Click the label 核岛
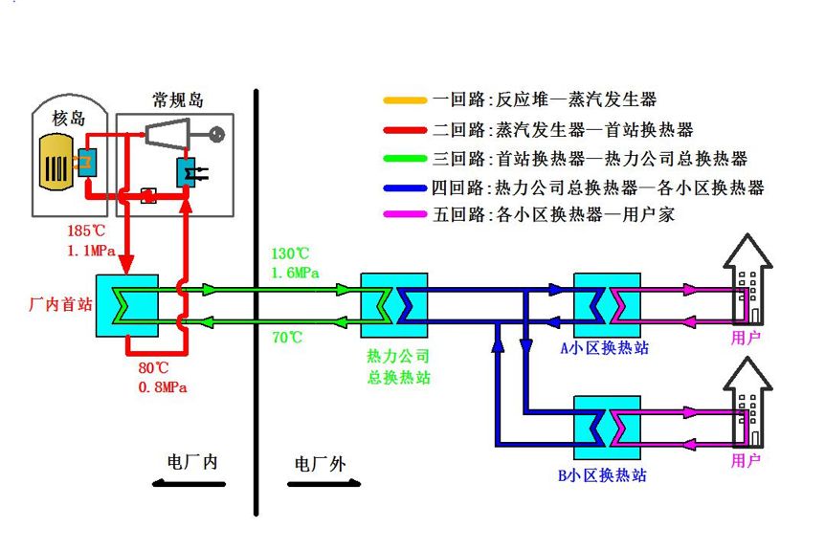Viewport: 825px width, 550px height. pos(69,119)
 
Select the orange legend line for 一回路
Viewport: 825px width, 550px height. pos(404,99)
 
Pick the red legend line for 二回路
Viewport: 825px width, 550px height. pos(404,129)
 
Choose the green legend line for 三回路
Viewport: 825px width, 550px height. pos(404,158)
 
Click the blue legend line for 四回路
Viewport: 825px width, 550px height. pos(404,187)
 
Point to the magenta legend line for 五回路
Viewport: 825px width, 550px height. pos(404,215)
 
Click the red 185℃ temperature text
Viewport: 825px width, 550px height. pos(86,231)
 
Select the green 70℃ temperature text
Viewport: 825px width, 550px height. pos(286,337)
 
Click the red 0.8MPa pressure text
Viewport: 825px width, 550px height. pos(161,387)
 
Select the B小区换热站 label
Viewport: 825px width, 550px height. pos(604,474)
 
